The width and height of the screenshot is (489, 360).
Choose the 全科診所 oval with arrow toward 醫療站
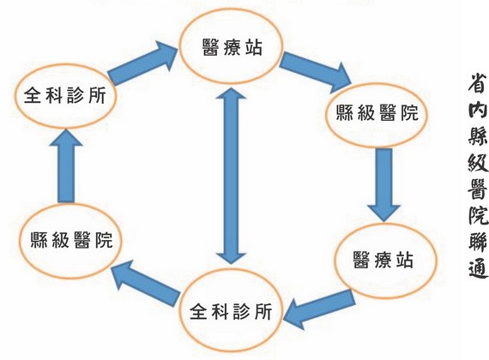(x=62, y=95)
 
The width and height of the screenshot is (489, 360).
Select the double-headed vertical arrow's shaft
(x=229, y=171)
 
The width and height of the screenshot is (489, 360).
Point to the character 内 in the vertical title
(x=473, y=113)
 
